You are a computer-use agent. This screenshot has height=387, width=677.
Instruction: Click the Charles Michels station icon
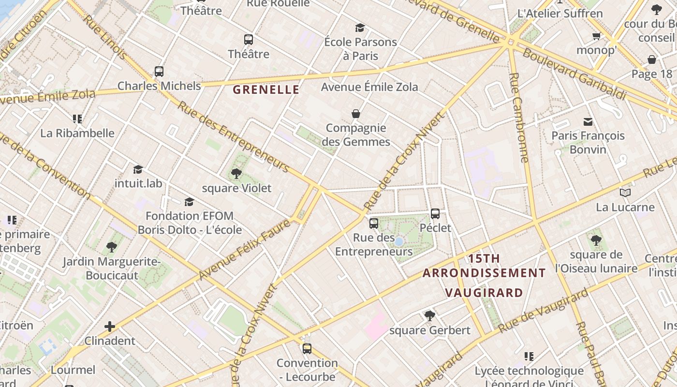pyautogui.click(x=159, y=72)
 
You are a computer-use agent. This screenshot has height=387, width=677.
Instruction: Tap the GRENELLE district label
pyautogui.click(x=266, y=89)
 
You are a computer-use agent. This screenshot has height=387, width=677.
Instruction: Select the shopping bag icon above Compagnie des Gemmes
pyautogui.click(x=356, y=114)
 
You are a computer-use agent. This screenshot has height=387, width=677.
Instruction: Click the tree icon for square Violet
pyautogui.click(x=236, y=174)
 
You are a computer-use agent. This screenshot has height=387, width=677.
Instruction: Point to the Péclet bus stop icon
pyautogui.click(x=435, y=214)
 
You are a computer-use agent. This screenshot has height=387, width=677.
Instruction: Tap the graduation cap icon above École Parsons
pyautogui.click(x=360, y=28)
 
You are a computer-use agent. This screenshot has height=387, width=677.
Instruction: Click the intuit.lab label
pyautogui.click(x=138, y=183)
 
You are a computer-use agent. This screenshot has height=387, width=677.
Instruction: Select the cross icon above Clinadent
pyautogui.click(x=110, y=327)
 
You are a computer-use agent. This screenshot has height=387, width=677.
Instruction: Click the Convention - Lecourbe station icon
pyautogui.click(x=307, y=348)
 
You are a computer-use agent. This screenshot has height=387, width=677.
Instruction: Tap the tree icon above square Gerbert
pyautogui.click(x=429, y=316)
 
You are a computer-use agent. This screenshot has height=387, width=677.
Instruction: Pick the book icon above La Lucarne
pyautogui.click(x=625, y=193)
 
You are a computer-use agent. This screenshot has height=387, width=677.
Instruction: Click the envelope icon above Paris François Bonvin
pyautogui.click(x=588, y=121)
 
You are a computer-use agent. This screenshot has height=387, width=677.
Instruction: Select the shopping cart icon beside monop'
pyautogui.click(x=597, y=36)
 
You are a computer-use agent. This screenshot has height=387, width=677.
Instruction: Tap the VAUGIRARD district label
pyautogui.click(x=484, y=293)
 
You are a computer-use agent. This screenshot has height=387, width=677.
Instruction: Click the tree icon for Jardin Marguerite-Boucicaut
pyautogui.click(x=112, y=247)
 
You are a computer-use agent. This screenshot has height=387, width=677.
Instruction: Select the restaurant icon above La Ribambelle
pyautogui.click(x=77, y=119)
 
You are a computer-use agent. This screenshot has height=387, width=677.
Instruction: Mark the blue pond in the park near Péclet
pyautogui.click(x=399, y=241)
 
